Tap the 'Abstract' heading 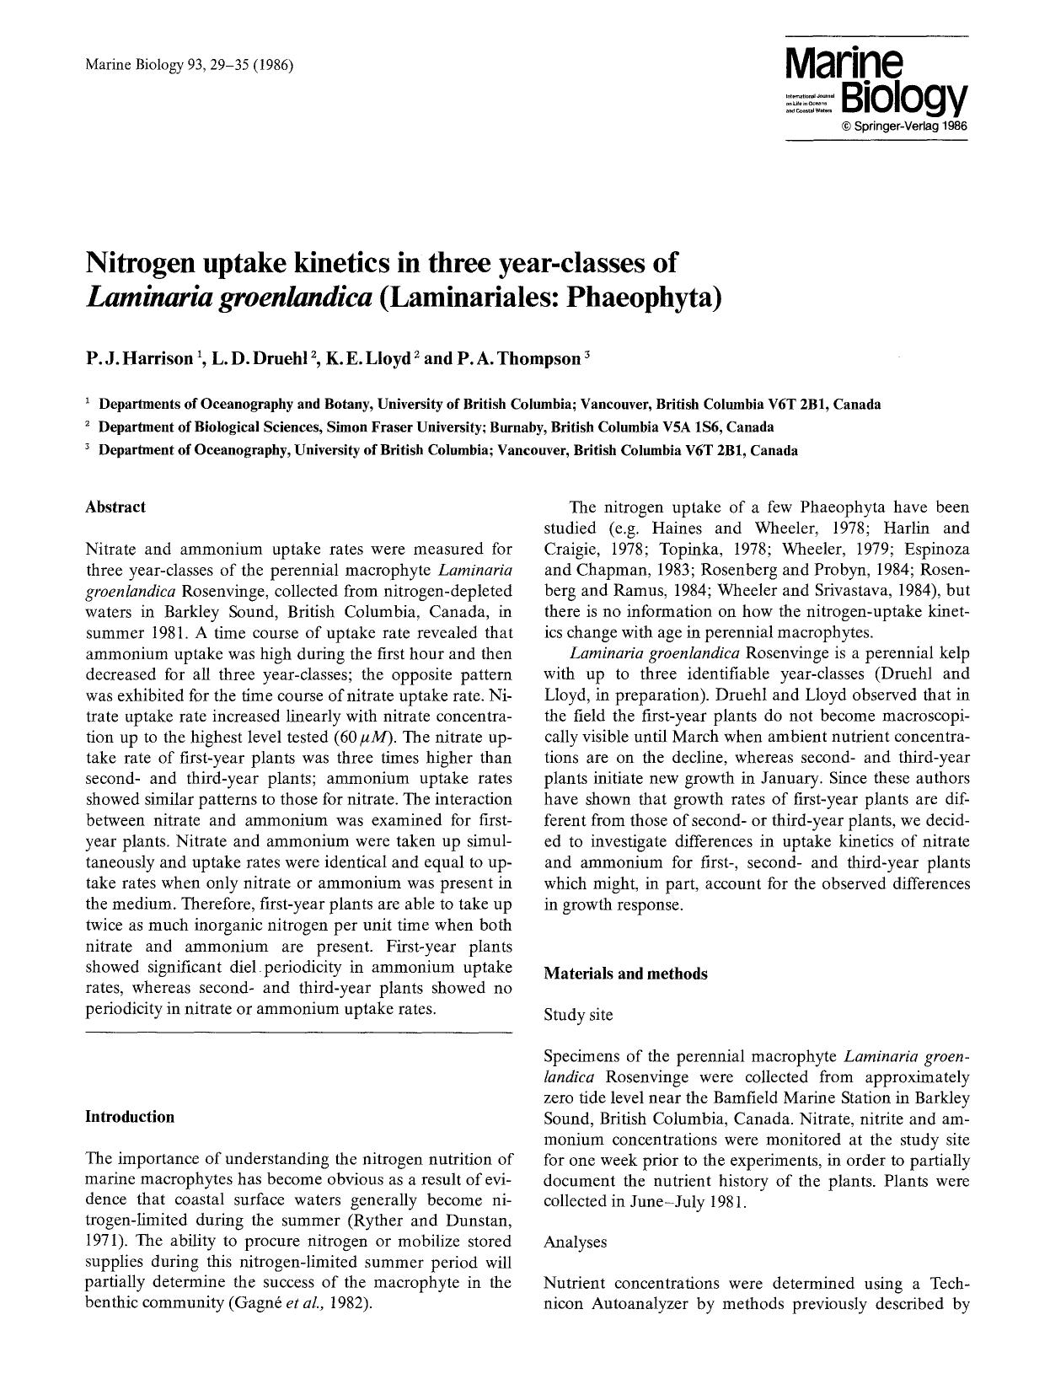click(x=115, y=507)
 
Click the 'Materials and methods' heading click(x=625, y=974)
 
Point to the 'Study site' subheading click(x=578, y=1015)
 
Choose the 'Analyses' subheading click(x=576, y=1242)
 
